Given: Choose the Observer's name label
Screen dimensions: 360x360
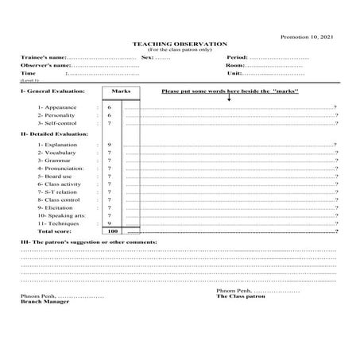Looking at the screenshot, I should pyautogui.click(x=47, y=67).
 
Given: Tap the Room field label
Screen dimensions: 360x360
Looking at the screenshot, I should pyautogui.click(x=236, y=67).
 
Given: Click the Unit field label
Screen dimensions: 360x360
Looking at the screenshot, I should pyautogui.click(x=234, y=74).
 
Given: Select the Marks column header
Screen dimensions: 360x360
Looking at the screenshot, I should pyautogui.click(x=122, y=91).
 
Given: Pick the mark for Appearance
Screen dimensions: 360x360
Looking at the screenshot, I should pyautogui.click(x=109, y=106).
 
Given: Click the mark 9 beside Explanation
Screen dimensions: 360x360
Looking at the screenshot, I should pyautogui.click(x=109, y=145).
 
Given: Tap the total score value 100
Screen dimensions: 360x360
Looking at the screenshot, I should pyautogui.click(x=112, y=231).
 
